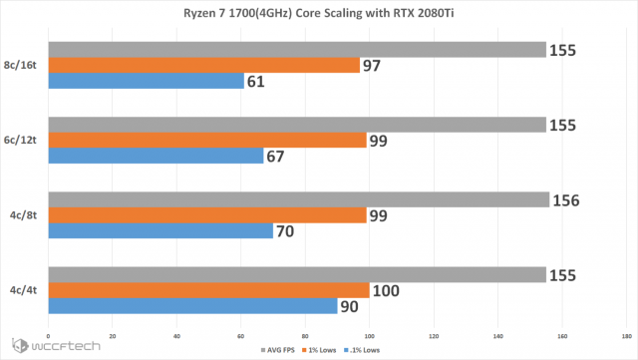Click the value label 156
569,199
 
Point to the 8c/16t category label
23,65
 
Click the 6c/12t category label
23,140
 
